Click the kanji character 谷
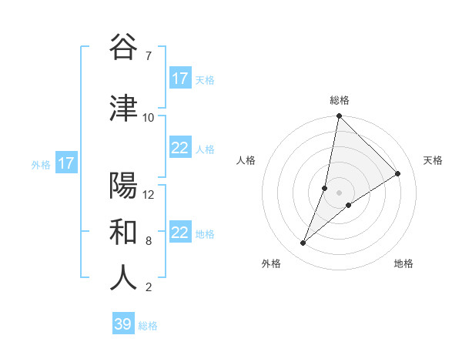123,48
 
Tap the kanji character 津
123,109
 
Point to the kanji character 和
123,232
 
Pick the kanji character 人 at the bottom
123,278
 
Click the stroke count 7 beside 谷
148,56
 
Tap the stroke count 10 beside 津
149,117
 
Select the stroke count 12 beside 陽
149,194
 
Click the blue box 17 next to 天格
180,79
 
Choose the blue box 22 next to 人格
180,149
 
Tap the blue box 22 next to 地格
180,233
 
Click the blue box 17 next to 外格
65,163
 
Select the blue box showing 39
123,324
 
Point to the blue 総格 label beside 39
148,326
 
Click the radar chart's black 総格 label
340,100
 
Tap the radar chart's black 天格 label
433,160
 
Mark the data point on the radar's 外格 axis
303,243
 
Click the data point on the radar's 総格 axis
339,116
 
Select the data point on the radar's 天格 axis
398,173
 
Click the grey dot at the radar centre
339,193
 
